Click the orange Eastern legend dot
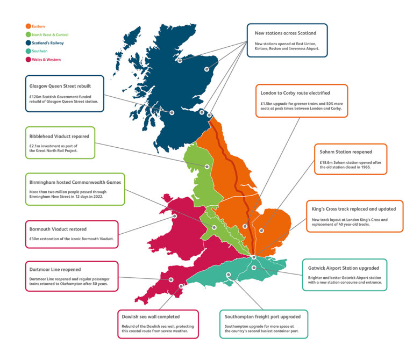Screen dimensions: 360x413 pos(27,26)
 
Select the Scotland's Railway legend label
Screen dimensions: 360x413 pos(47,43)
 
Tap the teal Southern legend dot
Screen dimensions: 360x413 pos(27,52)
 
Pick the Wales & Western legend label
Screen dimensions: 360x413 pos(46,60)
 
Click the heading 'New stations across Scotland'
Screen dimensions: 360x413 pos(289,33)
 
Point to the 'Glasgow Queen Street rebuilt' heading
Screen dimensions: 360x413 pos(60,85)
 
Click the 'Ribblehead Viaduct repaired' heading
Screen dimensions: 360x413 pos(59,136)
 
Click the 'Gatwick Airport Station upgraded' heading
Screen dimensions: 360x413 pos(344,268)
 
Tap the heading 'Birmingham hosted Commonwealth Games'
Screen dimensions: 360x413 pos(75,182)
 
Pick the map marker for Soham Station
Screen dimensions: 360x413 pos(262,231)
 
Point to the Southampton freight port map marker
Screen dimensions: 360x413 pos(229,275)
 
